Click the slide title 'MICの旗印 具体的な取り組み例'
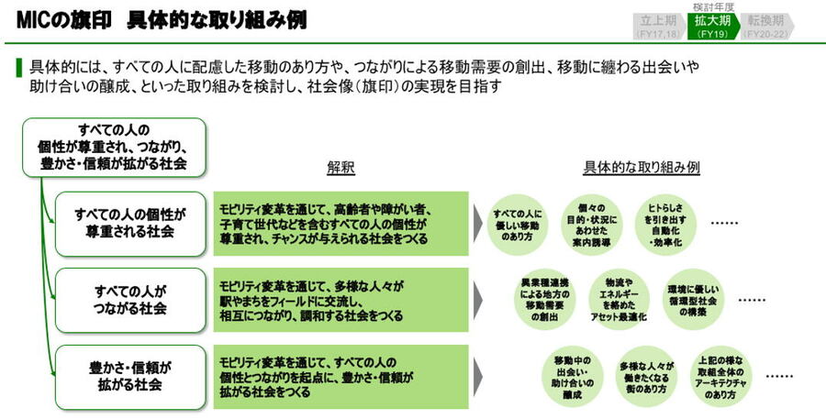162,19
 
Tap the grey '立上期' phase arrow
657,26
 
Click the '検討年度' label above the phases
712,6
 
